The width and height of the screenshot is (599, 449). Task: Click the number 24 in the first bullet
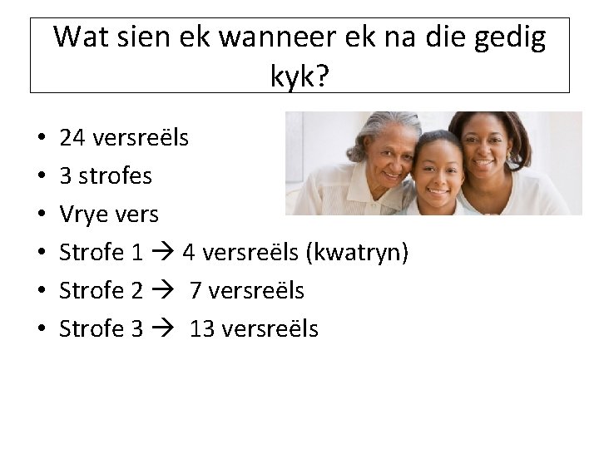72,137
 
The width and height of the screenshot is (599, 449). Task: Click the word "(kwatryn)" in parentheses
358,252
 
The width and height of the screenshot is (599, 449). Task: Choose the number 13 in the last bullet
202,328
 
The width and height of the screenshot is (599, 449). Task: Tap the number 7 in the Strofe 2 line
196,290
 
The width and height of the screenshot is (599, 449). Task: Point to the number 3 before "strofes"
65,175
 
